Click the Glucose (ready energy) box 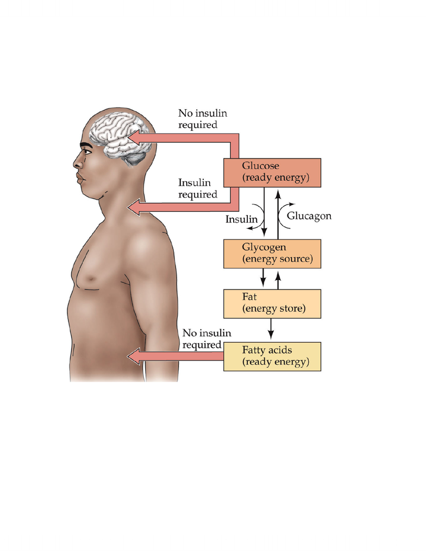272,173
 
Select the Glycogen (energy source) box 272,254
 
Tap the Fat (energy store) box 272,304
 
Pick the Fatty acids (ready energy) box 272,357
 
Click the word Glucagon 309,216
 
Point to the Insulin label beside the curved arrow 241,219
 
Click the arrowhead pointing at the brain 134,138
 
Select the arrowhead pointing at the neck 134,207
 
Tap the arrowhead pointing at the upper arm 134,357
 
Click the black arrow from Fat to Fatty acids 271,329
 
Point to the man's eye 87,152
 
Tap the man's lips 80,179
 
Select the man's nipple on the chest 91,279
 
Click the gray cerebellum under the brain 135,159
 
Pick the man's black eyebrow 86,145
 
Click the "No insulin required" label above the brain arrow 203,119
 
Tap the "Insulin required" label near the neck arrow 198,188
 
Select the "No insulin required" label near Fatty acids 206,339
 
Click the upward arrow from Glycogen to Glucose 278,214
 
